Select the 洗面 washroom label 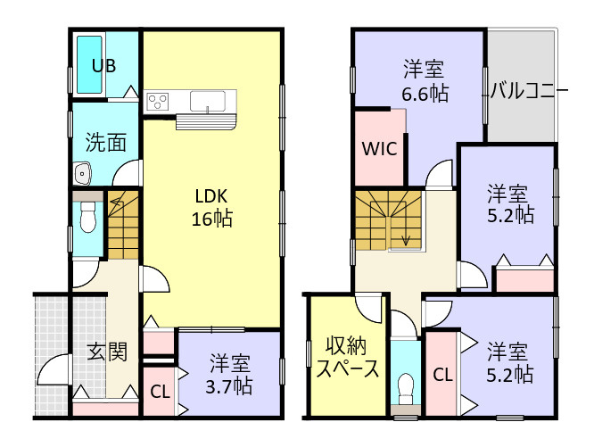(x=105, y=142)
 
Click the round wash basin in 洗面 (x=84, y=172)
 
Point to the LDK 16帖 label (x=211, y=206)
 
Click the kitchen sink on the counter (x=207, y=100)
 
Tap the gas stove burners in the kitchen (x=158, y=101)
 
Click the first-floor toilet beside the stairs (x=87, y=215)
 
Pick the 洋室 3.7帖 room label (x=230, y=375)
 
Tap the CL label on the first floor (x=159, y=391)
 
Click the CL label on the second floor (x=441, y=375)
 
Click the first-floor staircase (x=123, y=226)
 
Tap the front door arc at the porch (x=55, y=370)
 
